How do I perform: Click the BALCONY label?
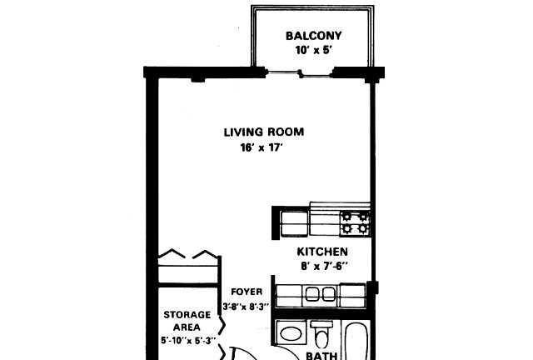313,36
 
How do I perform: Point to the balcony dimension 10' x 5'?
313,50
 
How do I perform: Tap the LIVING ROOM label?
264,132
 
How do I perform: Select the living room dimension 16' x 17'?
262,147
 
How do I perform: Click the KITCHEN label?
322,252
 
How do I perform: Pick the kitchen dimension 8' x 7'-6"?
324,266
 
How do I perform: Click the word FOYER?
247,292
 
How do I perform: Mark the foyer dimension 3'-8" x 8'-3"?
246,306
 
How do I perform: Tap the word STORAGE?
187,315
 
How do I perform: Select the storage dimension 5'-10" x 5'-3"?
188,340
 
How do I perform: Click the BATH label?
321,356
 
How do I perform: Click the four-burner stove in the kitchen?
355,222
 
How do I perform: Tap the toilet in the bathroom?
321,334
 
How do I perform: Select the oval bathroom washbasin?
291,333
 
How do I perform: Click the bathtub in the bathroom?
356,340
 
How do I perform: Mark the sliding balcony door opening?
300,73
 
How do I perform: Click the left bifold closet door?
172,253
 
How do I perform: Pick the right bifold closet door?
206,255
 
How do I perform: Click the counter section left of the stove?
325,222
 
